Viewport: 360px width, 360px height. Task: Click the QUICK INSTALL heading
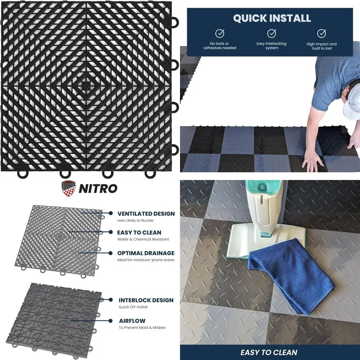click(272, 18)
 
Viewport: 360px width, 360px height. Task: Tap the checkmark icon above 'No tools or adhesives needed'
click(220, 33)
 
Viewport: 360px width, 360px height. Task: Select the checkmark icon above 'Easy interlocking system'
click(271, 33)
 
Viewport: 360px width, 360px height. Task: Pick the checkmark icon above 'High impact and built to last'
click(321, 33)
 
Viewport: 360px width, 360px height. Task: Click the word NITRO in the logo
click(98, 188)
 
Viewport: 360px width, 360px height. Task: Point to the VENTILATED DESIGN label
click(146, 213)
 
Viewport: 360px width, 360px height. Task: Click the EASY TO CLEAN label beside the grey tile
click(139, 233)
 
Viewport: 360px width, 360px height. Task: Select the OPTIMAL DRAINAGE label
click(145, 253)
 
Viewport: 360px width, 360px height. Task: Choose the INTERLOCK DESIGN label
click(146, 300)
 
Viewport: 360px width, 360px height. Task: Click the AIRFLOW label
click(132, 320)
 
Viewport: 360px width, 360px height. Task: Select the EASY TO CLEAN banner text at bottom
click(269, 352)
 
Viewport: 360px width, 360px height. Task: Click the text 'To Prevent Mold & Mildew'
click(142, 328)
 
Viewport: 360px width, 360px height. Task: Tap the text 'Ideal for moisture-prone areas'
click(145, 260)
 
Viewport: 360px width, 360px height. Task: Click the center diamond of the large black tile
click(85, 85)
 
